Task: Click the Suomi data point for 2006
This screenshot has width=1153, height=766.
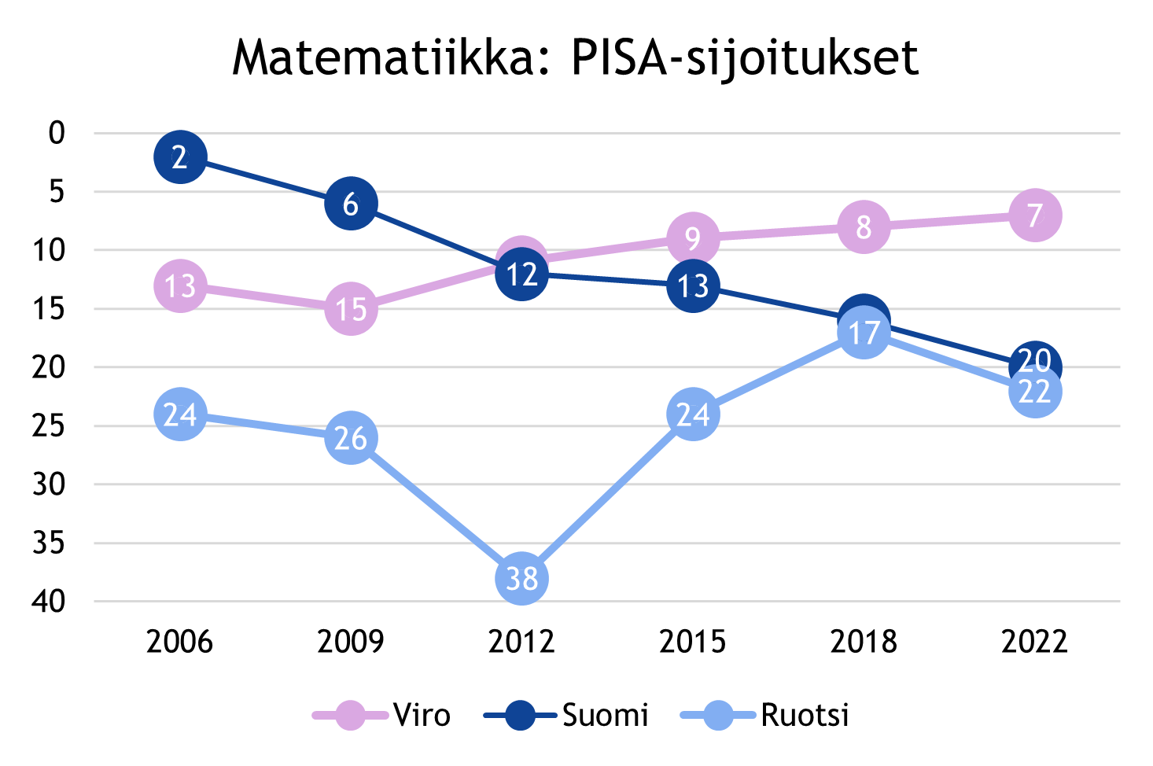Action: (180, 157)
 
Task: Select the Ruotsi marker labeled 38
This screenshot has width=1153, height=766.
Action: (521, 578)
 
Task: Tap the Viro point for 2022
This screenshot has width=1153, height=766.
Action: (1034, 215)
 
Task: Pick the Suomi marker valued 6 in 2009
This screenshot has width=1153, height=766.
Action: (351, 204)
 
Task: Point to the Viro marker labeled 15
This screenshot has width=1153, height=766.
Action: (351, 309)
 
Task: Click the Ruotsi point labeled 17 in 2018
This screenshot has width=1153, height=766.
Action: (864, 333)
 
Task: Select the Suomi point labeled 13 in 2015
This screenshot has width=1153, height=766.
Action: (693, 285)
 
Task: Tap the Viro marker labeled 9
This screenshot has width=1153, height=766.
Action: (693, 238)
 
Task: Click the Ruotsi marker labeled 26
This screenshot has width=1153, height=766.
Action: (351, 438)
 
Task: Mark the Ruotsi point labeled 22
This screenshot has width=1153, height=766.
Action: (1034, 392)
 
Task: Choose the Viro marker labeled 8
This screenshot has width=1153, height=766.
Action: (864, 227)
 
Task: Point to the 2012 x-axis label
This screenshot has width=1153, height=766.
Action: (521, 642)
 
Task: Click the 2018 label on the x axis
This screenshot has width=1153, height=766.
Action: (864, 642)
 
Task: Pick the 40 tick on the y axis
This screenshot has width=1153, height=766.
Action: (49, 602)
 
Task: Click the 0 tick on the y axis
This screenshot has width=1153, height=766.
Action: (57, 133)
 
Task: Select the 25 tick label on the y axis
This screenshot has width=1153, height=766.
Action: (49, 425)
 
